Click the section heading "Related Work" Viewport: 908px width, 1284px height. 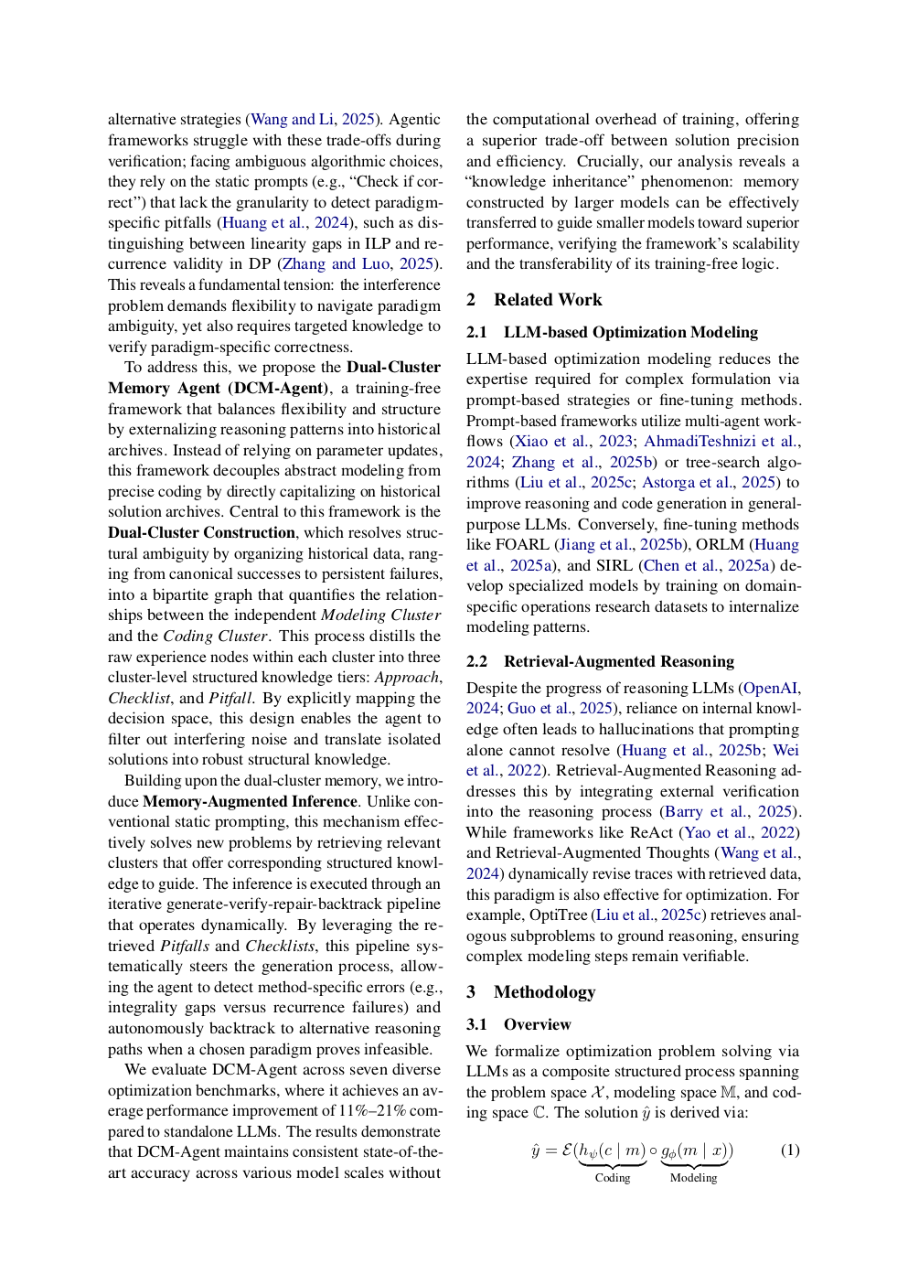[x=547, y=300]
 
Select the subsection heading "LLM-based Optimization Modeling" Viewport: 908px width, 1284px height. [x=630, y=332]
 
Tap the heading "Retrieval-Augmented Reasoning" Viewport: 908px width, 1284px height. [x=618, y=661]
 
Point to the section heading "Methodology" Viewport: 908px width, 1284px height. [x=544, y=992]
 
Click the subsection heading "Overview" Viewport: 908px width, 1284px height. [x=537, y=1024]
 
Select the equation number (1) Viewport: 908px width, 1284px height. [x=789, y=1150]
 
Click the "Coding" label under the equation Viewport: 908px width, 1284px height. [x=613, y=1178]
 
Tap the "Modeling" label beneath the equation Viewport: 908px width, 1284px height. [x=693, y=1178]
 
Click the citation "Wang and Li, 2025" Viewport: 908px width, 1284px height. [x=312, y=120]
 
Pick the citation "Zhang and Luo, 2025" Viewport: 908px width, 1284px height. [x=358, y=264]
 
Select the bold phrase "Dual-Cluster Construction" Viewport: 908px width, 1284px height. [x=201, y=532]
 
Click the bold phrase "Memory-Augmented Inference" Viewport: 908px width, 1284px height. [x=250, y=801]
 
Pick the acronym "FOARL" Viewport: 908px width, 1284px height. [x=521, y=544]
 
